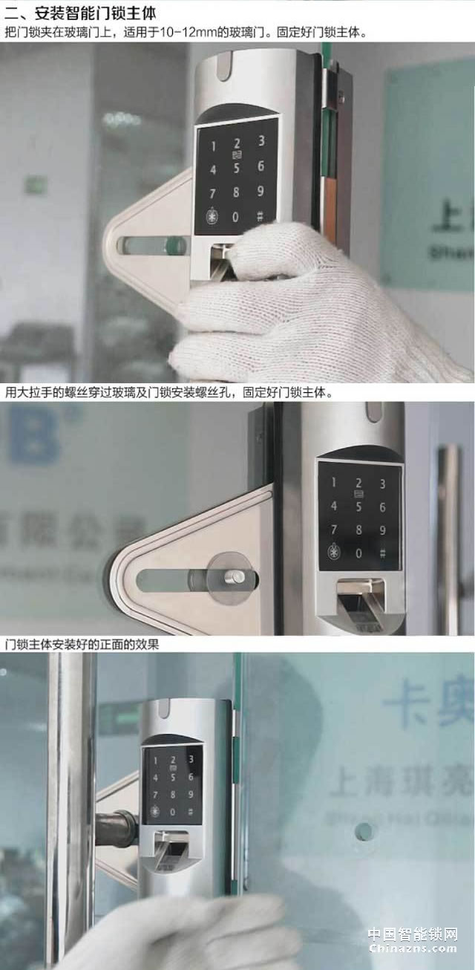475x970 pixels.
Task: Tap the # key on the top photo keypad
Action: coord(260,218)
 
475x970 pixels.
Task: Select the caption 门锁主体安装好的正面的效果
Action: coord(82,645)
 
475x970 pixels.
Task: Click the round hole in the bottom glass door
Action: coord(364,831)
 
